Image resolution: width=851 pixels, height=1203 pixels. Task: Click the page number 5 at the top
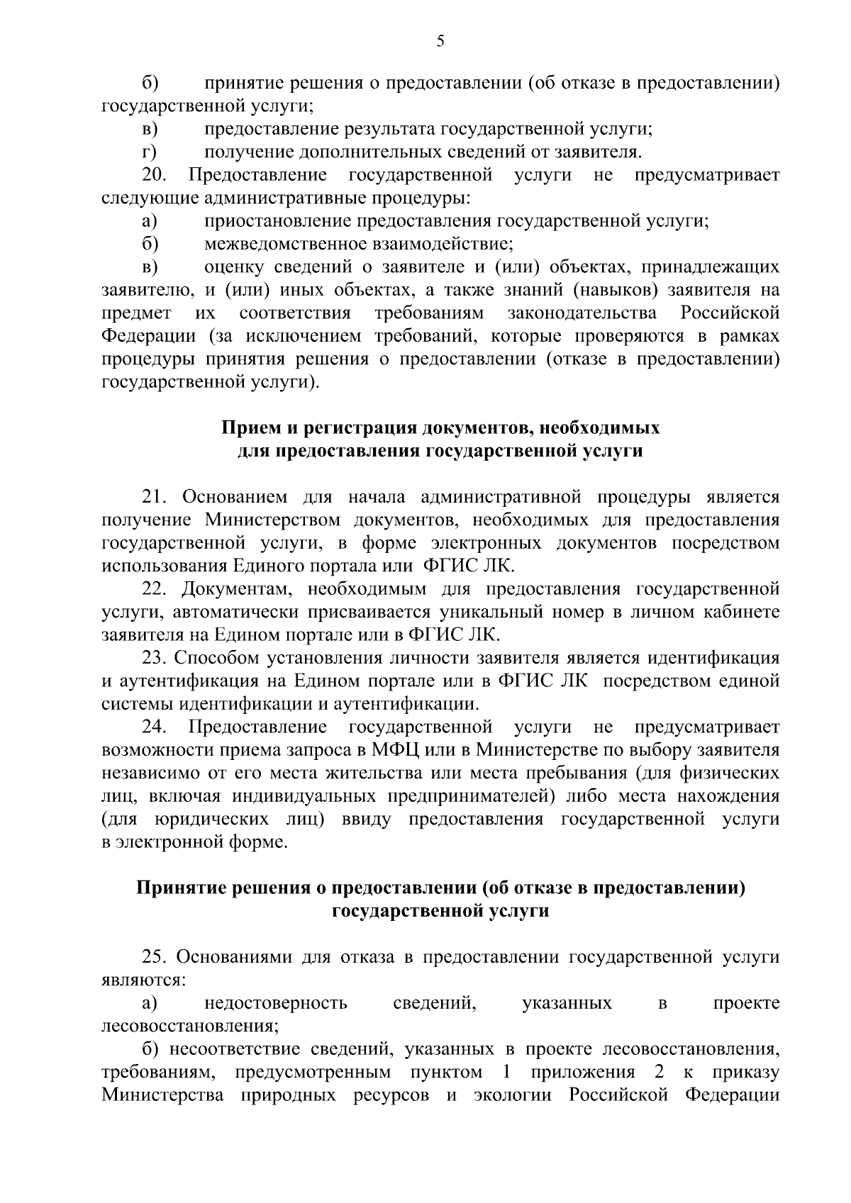click(x=440, y=40)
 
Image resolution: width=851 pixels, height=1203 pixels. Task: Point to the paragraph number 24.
click(x=154, y=727)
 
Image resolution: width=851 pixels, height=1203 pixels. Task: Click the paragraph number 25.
click(x=154, y=958)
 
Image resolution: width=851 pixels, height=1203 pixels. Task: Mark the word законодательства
click(x=582, y=313)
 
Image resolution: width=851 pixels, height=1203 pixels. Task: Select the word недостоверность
click(x=276, y=1004)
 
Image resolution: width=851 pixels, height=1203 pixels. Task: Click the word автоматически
click(x=242, y=612)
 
